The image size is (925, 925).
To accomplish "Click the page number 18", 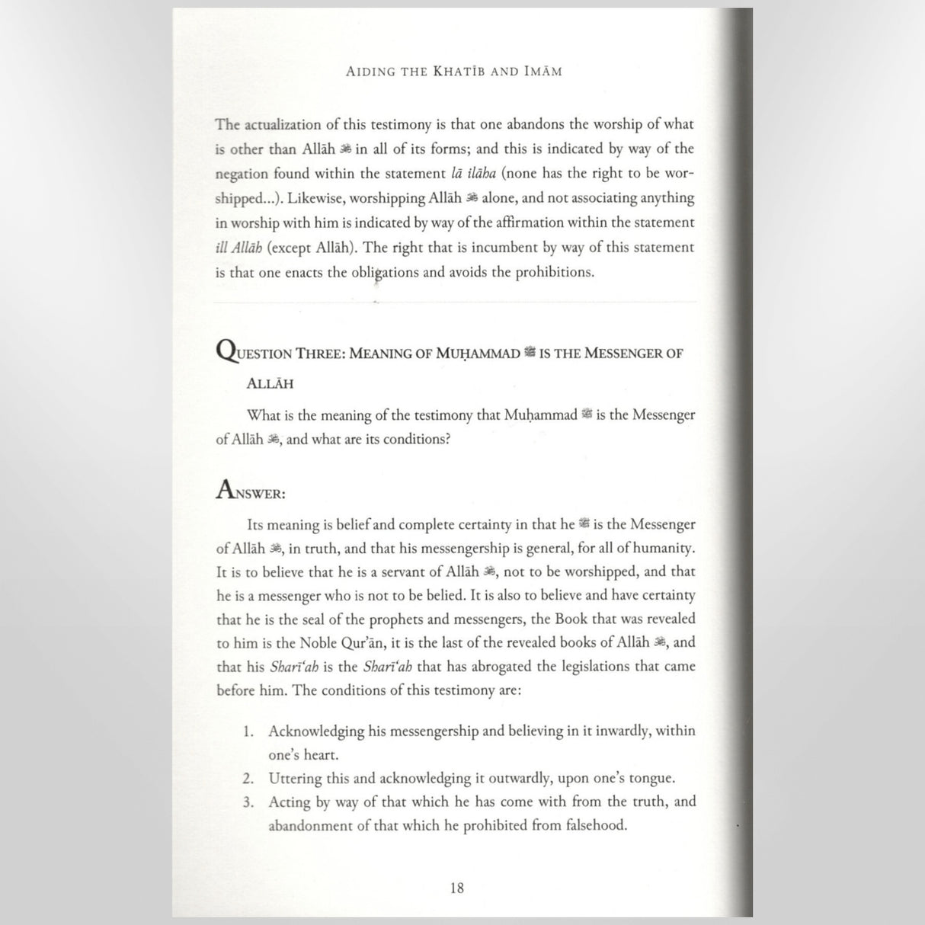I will [x=457, y=888].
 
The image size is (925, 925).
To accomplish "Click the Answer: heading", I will [x=251, y=491].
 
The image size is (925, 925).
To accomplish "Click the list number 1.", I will [x=248, y=731].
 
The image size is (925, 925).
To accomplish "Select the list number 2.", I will [x=248, y=779].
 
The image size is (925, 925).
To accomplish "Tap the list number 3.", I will [x=248, y=802].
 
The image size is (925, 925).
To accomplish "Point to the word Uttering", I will [x=295, y=779].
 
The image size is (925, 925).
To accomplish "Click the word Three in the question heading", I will [x=318, y=354].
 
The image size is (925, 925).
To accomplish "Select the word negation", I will [x=242, y=174].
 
